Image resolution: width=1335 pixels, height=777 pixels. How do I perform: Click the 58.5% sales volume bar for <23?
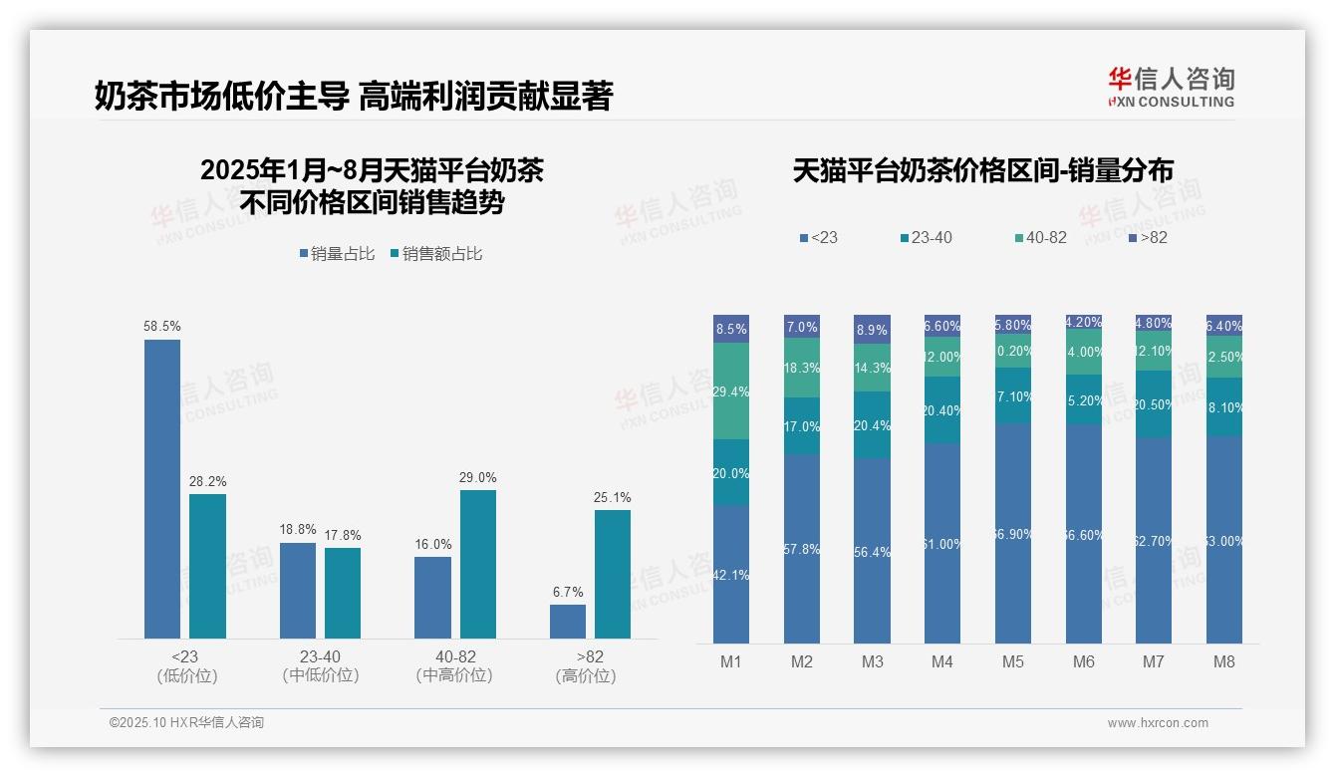pyautogui.click(x=162, y=488)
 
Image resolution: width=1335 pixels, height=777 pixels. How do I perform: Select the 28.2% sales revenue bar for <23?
pyautogui.click(x=207, y=566)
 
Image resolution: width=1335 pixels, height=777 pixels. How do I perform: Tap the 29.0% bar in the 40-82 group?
pyautogui.click(x=478, y=564)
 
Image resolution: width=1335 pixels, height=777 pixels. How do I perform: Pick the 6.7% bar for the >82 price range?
pyautogui.click(x=568, y=621)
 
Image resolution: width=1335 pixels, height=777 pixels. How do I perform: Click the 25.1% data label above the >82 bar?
pyautogui.click(x=613, y=498)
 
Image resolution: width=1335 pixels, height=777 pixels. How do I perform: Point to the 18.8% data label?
pyautogui.click(x=298, y=530)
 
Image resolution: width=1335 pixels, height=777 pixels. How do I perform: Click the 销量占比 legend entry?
pyautogui.click(x=337, y=254)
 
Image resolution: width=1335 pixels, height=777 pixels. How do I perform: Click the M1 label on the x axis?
pyautogui.click(x=730, y=661)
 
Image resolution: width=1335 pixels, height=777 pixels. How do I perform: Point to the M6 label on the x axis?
pyautogui.click(x=1083, y=661)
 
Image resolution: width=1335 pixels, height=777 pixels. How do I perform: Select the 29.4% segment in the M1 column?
pyautogui.click(x=731, y=391)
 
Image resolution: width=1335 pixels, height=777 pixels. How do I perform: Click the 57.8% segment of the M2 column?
pyautogui.click(x=802, y=549)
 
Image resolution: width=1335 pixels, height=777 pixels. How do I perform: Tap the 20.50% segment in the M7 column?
pyautogui.click(x=1154, y=404)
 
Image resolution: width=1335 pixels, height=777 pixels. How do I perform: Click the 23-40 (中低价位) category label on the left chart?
pyautogui.click(x=320, y=666)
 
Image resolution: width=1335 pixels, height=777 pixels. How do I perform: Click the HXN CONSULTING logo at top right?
pyautogui.click(x=1171, y=87)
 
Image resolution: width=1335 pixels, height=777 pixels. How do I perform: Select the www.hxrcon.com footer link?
pyautogui.click(x=1158, y=723)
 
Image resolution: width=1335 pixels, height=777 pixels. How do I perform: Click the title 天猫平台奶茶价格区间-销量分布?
pyautogui.click(x=982, y=171)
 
